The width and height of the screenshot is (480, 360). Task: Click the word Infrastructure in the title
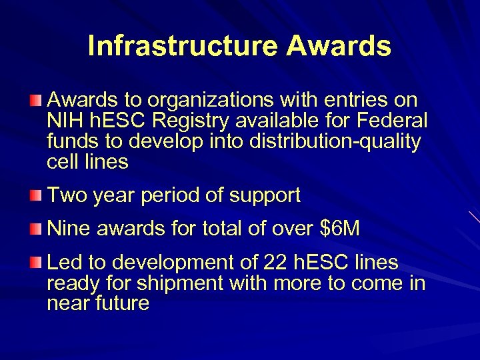click(x=182, y=46)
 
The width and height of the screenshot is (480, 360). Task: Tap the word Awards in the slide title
click(x=339, y=46)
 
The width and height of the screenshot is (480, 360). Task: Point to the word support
click(x=265, y=196)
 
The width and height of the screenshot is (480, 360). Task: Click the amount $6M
click(x=340, y=229)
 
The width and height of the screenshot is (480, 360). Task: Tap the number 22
click(x=276, y=263)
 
